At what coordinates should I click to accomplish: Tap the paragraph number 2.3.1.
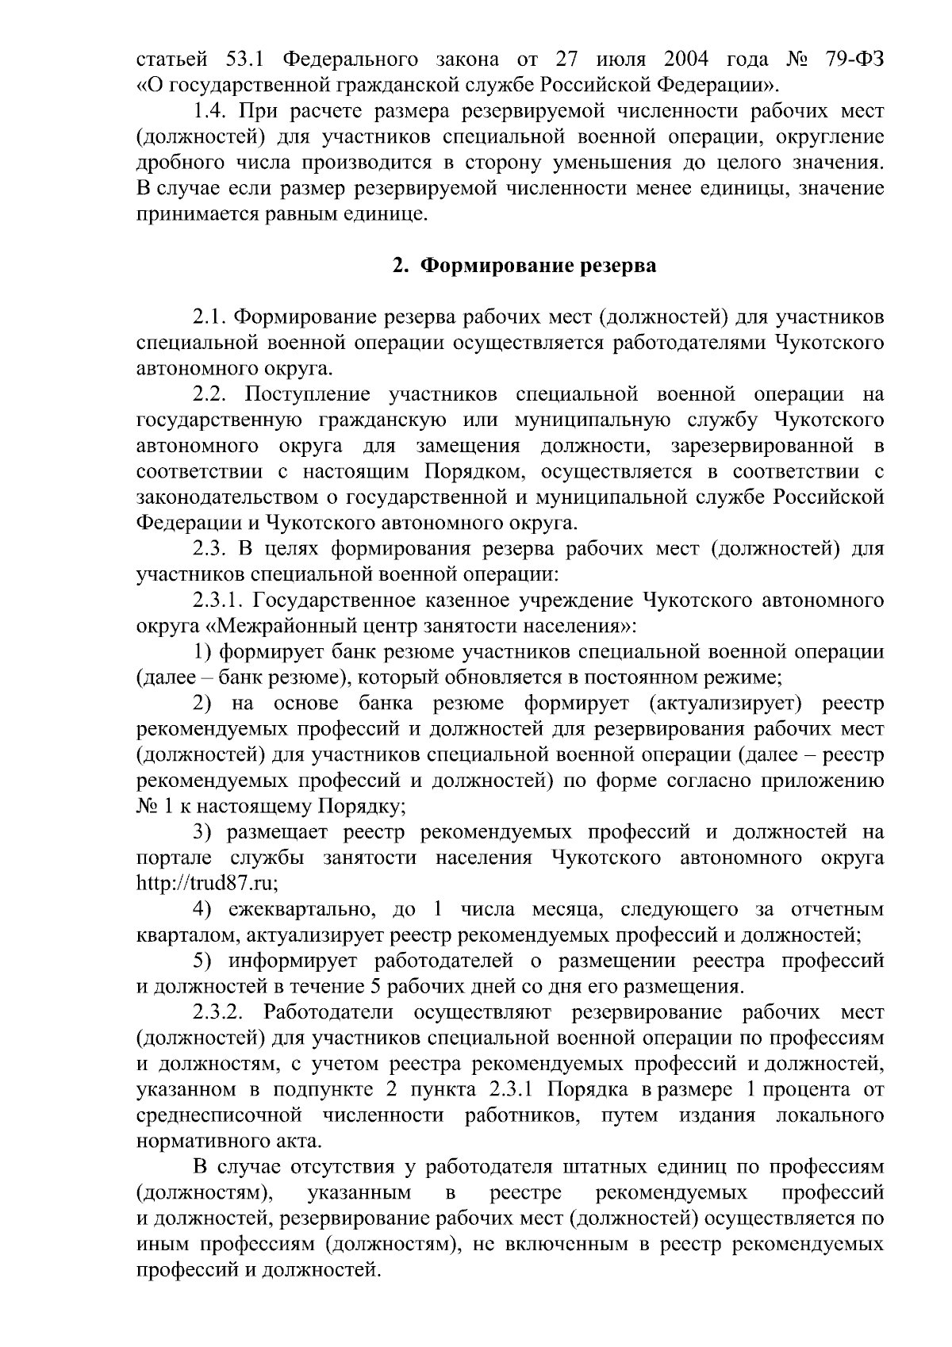pos(218,601)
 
